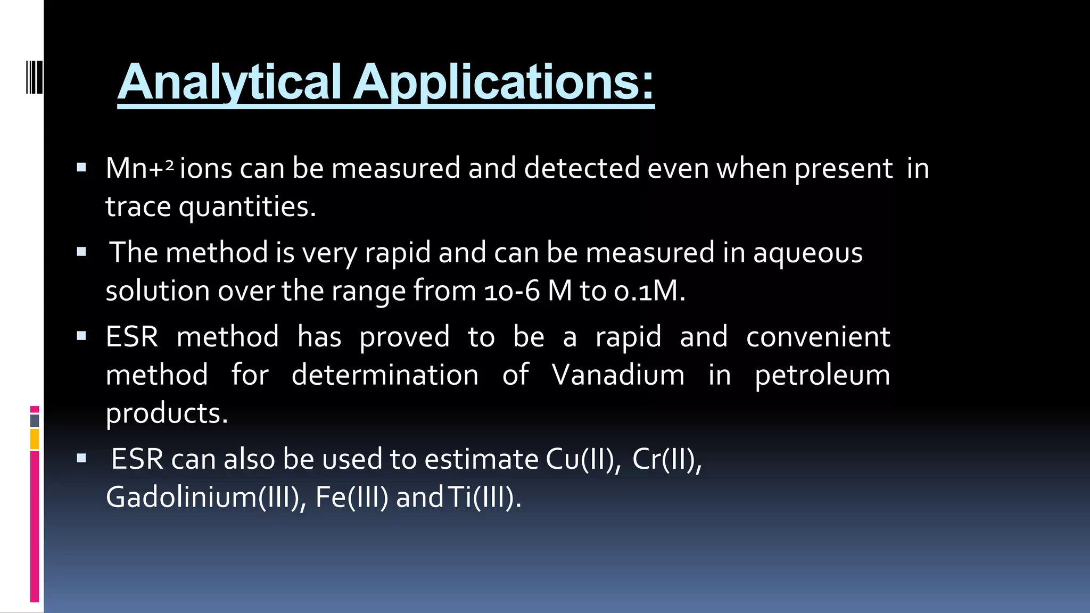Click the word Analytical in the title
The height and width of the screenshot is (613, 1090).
pos(229,82)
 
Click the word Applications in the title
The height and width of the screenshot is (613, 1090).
pos(503,82)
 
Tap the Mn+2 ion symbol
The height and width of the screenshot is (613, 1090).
pos(139,168)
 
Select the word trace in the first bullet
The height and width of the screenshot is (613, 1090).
pos(138,206)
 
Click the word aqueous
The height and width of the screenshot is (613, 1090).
pos(807,252)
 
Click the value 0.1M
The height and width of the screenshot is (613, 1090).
pos(649,291)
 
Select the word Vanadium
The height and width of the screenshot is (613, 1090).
pos(618,375)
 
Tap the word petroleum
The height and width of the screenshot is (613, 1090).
pos(822,375)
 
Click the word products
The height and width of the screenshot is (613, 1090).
pos(167,413)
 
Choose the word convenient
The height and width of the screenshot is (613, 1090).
pos(817,336)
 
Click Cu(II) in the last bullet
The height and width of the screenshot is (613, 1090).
pos(583,459)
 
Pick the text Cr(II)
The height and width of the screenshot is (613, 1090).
pos(667,459)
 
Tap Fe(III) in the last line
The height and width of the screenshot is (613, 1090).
pos(352,497)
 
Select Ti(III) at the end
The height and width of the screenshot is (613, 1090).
pos(484,497)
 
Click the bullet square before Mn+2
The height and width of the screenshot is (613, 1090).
pos(81,168)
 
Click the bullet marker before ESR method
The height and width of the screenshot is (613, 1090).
pos(81,336)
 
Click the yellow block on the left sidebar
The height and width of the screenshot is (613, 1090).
pos(35,440)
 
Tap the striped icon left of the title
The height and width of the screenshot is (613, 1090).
pos(34,78)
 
